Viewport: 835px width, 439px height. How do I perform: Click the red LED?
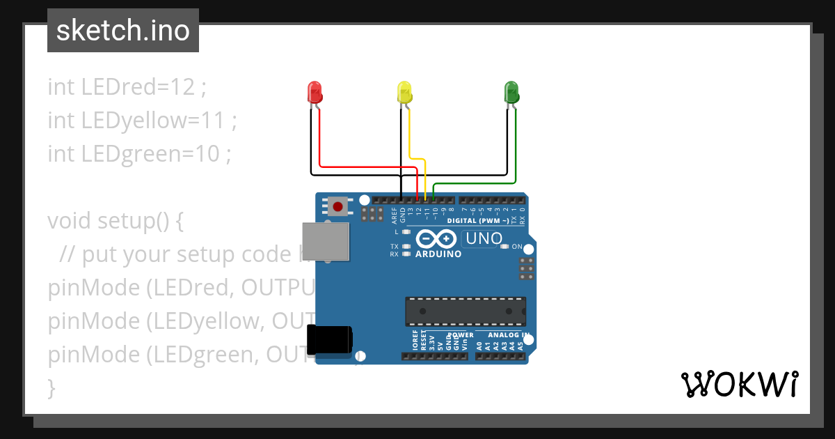pos(314,92)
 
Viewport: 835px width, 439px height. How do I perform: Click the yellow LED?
pos(404,92)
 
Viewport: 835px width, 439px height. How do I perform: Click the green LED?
pos(511,92)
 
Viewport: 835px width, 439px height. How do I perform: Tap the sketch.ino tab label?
pos(123,31)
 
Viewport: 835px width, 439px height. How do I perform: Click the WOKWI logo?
pos(739,384)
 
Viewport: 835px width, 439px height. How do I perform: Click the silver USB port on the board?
pos(326,241)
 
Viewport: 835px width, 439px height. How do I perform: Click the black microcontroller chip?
pos(466,311)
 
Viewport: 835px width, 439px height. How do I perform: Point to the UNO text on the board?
pos(484,239)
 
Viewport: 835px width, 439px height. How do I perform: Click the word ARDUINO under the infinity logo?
pos(438,254)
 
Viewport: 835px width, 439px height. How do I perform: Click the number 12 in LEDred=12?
pos(184,88)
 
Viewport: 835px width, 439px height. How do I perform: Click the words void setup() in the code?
pos(108,221)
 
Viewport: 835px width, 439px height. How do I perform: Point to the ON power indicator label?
pos(517,247)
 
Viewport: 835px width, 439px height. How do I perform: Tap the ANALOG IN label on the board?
pos(509,335)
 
